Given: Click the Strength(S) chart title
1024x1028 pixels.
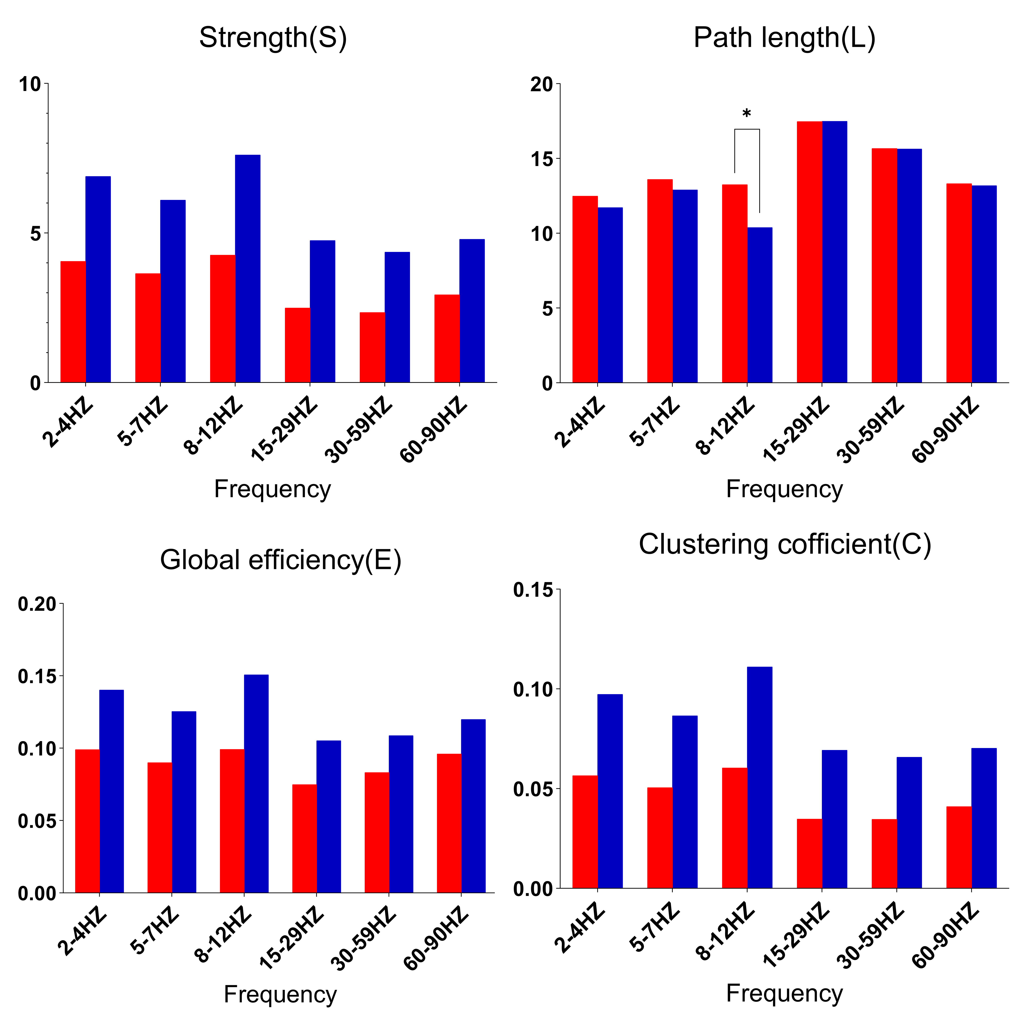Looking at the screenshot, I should (273, 38).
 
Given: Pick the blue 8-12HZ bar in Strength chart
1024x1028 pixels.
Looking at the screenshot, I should (248, 269).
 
